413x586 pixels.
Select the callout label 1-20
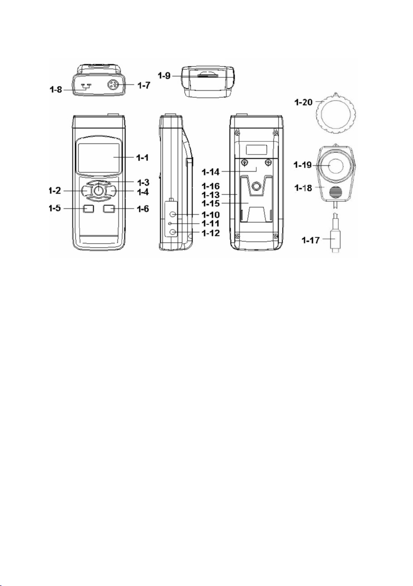tap(302, 102)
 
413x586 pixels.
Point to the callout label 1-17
tap(311, 240)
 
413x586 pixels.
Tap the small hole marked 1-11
tap(171, 224)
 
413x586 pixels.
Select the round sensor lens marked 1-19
tap(334, 165)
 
